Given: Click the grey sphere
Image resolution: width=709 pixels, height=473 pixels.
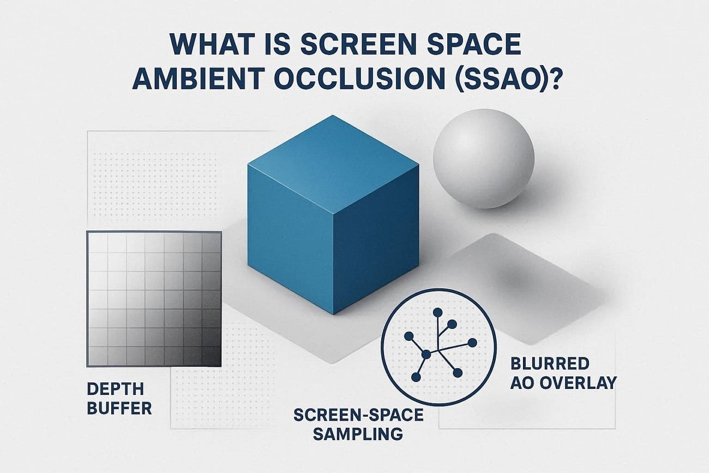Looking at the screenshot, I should coord(483,158).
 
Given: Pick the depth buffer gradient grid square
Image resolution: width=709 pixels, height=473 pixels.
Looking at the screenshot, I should coord(154,298).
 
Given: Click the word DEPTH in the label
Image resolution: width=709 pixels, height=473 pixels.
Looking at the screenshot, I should coord(115,389).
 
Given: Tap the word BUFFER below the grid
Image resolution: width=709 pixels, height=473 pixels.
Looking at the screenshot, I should coord(119,408).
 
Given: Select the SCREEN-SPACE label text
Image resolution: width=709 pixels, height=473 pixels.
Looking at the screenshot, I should coord(358,415).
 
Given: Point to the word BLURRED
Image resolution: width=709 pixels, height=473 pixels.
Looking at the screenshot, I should coord(550,363).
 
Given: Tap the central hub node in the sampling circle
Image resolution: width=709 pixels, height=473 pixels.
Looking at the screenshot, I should coord(426,355).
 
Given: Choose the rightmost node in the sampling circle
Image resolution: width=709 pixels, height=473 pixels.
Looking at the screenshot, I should coord(472,343).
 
